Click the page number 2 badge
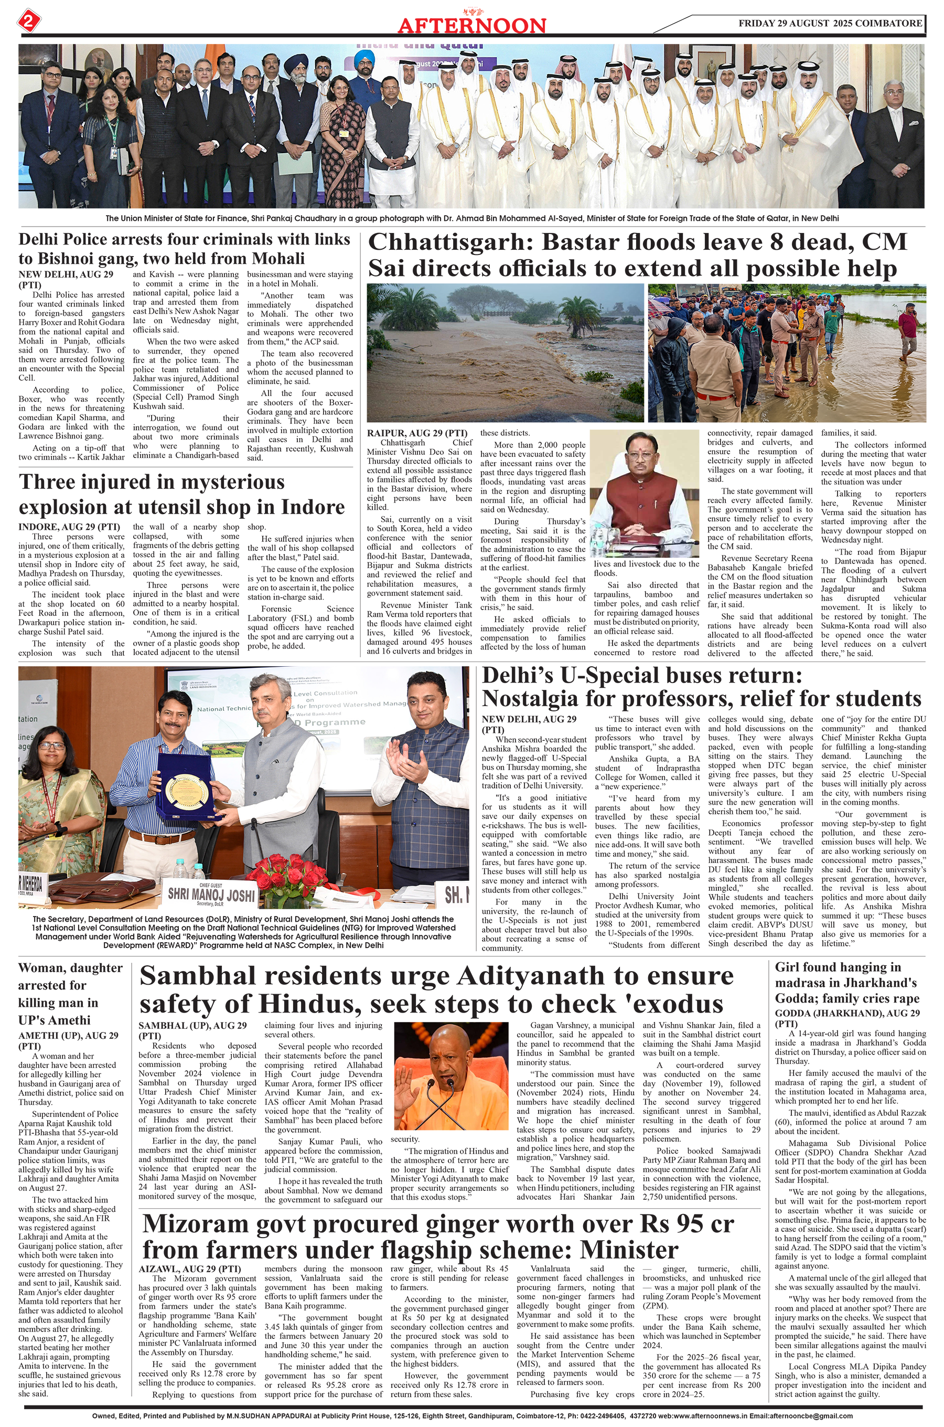pos(28,22)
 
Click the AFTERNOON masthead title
pos(471,25)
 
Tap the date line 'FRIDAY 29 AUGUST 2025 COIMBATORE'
pos(830,24)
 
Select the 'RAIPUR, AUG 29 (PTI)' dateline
pos(416,433)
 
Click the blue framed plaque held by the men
pos(185,788)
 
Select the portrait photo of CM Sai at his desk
pos(646,494)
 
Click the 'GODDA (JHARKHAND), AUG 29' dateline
pos(847,1014)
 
